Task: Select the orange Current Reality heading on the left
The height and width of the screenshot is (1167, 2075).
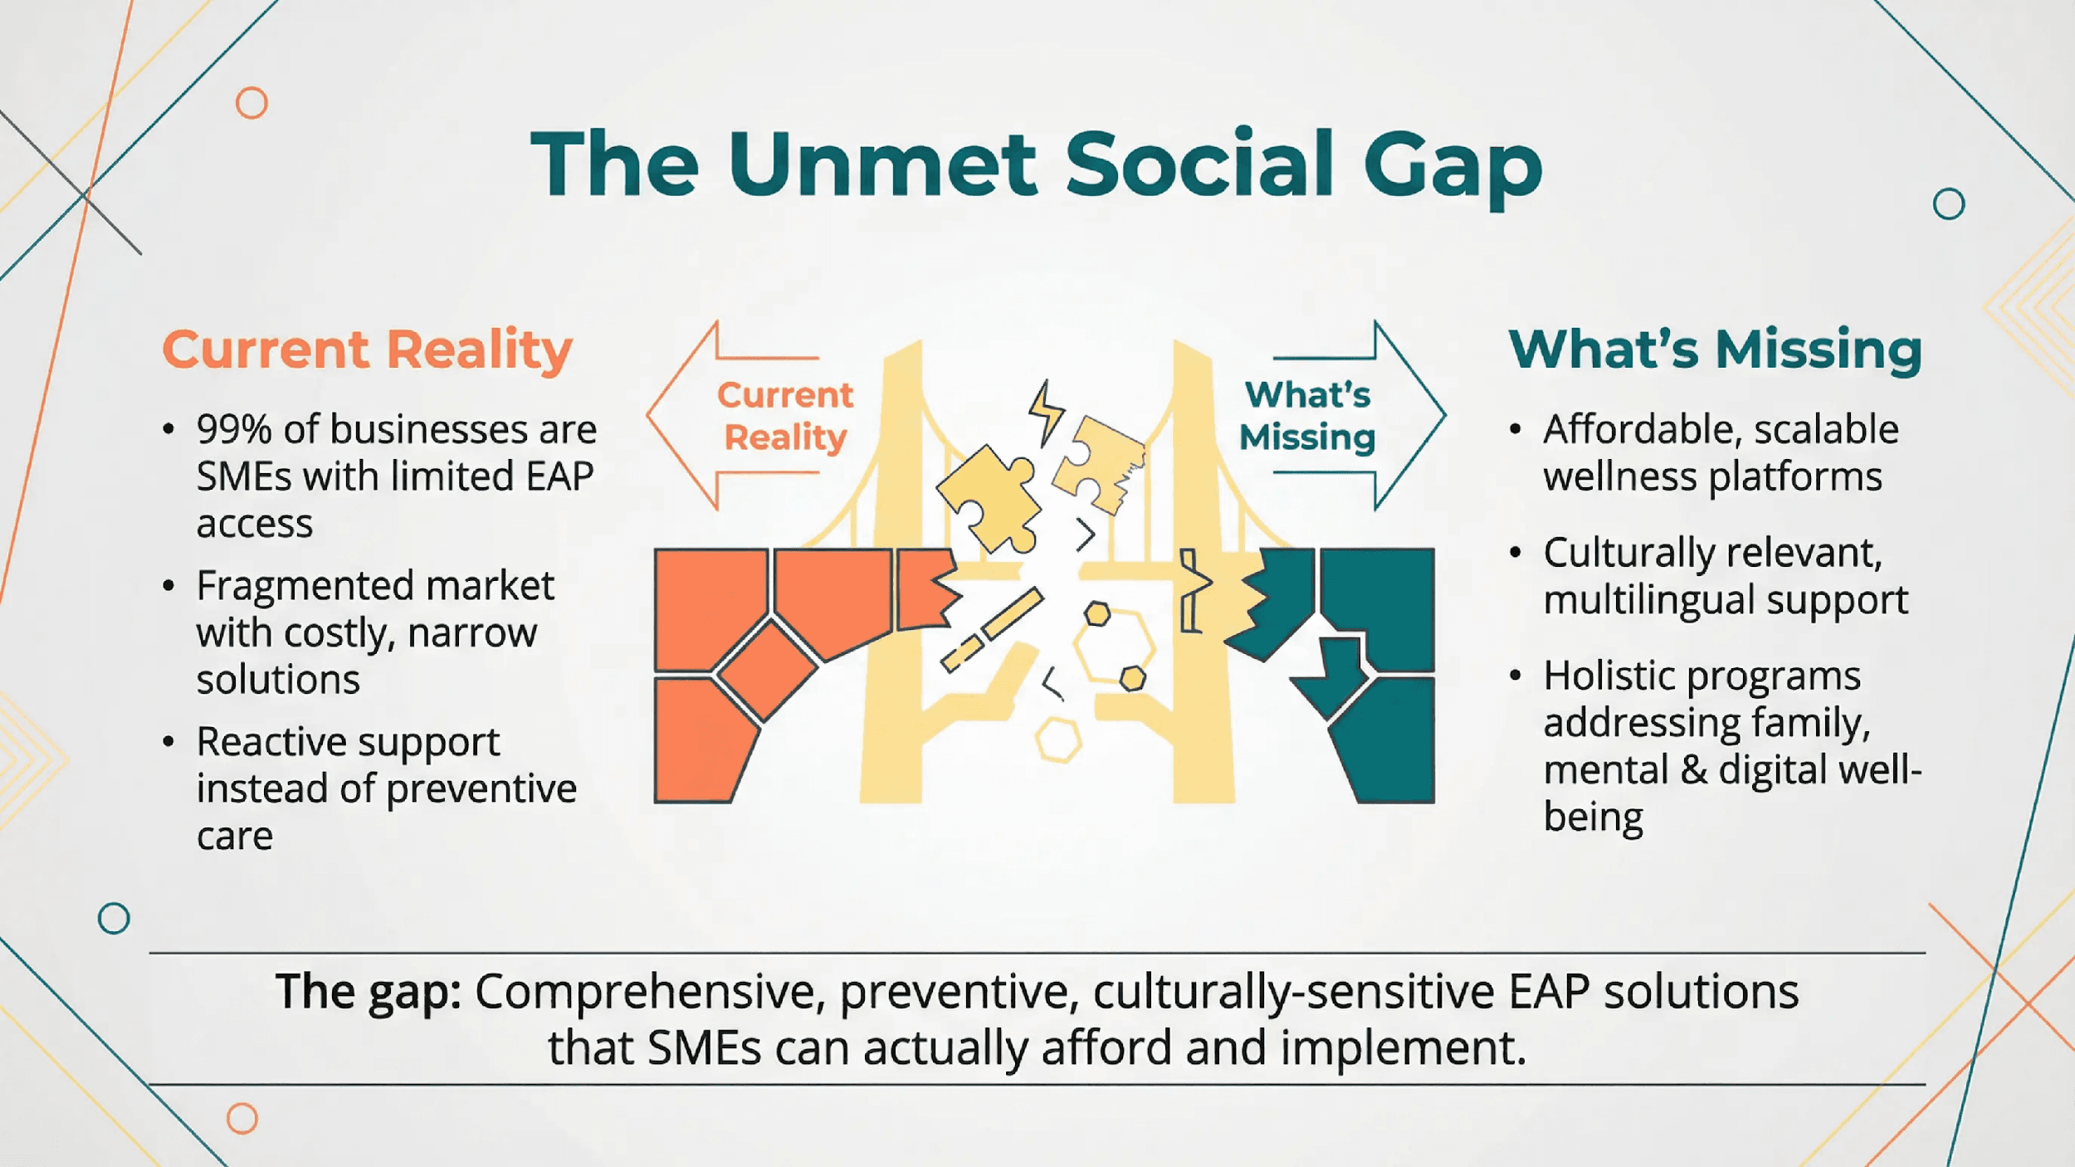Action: (367, 349)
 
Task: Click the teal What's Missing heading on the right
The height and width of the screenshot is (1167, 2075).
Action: (1715, 349)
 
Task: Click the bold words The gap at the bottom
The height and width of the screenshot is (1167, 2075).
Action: (369, 991)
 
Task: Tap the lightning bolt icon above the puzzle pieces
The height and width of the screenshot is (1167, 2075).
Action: (1045, 413)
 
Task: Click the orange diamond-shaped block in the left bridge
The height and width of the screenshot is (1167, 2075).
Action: (767, 670)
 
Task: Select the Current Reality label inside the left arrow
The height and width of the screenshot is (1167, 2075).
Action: (785, 416)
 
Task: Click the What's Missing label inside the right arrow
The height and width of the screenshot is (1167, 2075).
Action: (1307, 416)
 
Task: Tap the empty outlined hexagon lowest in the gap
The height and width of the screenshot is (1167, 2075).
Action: (1058, 740)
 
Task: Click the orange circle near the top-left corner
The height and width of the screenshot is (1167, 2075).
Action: (251, 103)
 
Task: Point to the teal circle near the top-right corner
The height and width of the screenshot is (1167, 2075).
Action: (1948, 203)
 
